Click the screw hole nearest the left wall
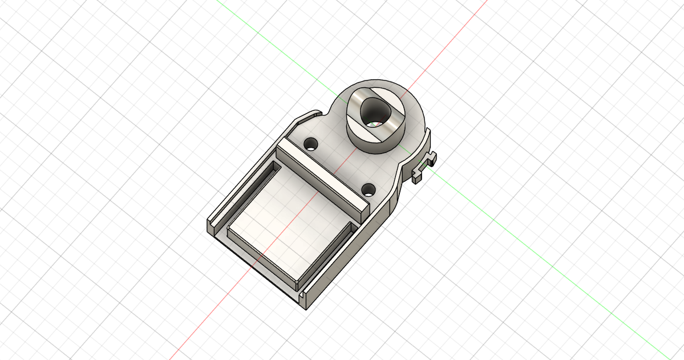click(x=311, y=143)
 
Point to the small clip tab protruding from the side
click(x=424, y=165)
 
